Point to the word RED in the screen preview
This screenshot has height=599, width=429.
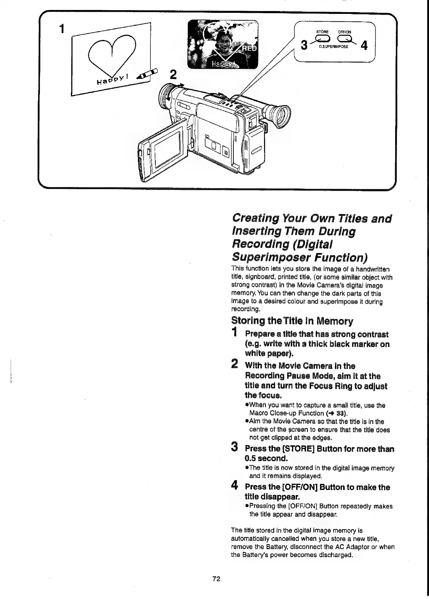[249, 48]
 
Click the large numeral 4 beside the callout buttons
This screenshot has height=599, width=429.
[364, 46]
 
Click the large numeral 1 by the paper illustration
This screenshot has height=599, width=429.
[63, 29]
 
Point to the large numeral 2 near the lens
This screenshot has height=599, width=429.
[173, 75]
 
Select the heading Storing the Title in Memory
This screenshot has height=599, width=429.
[292, 321]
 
